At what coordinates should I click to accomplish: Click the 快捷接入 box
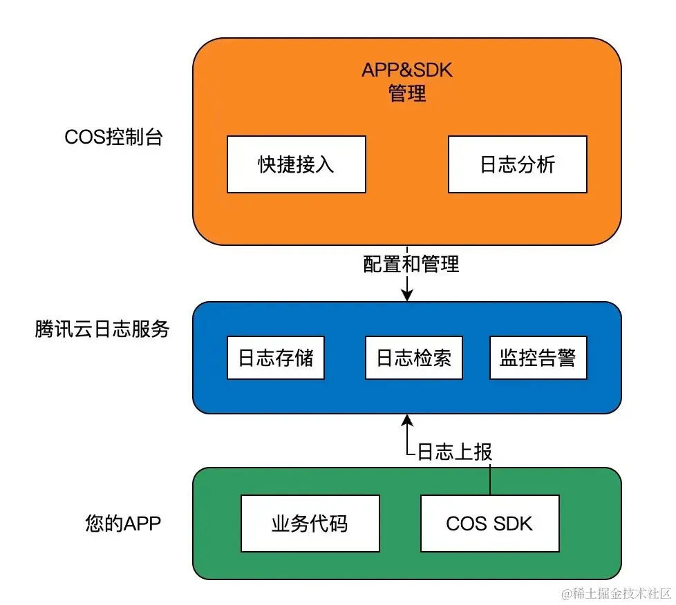coord(296,164)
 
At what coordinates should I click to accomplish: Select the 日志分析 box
coord(517,164)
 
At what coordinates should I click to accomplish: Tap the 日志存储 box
coord(275,358)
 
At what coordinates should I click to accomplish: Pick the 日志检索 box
coord(413,358)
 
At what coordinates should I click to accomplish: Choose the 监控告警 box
coord(538,358)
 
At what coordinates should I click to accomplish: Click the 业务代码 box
coord(310,524)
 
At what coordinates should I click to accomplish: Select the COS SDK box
coord(489,524)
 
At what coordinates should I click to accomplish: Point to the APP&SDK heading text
coord(407,71)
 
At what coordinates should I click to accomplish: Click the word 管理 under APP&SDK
coord(407,93)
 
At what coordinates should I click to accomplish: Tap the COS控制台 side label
coord(114,137)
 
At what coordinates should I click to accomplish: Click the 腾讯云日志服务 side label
coord(102,329)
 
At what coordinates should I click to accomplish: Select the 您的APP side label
coord(123,524)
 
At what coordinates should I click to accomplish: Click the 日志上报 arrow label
coord(455,452)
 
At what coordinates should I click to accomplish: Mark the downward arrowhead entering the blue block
coord(407,296)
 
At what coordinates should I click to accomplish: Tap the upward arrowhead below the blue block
coord(407,420)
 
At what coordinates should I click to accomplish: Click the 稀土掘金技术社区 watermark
coord(617,593)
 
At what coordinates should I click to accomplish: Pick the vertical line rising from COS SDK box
coord(490,479)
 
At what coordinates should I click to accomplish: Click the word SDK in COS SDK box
coord(512,524)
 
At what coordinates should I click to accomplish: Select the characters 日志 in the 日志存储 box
coord(256,358)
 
